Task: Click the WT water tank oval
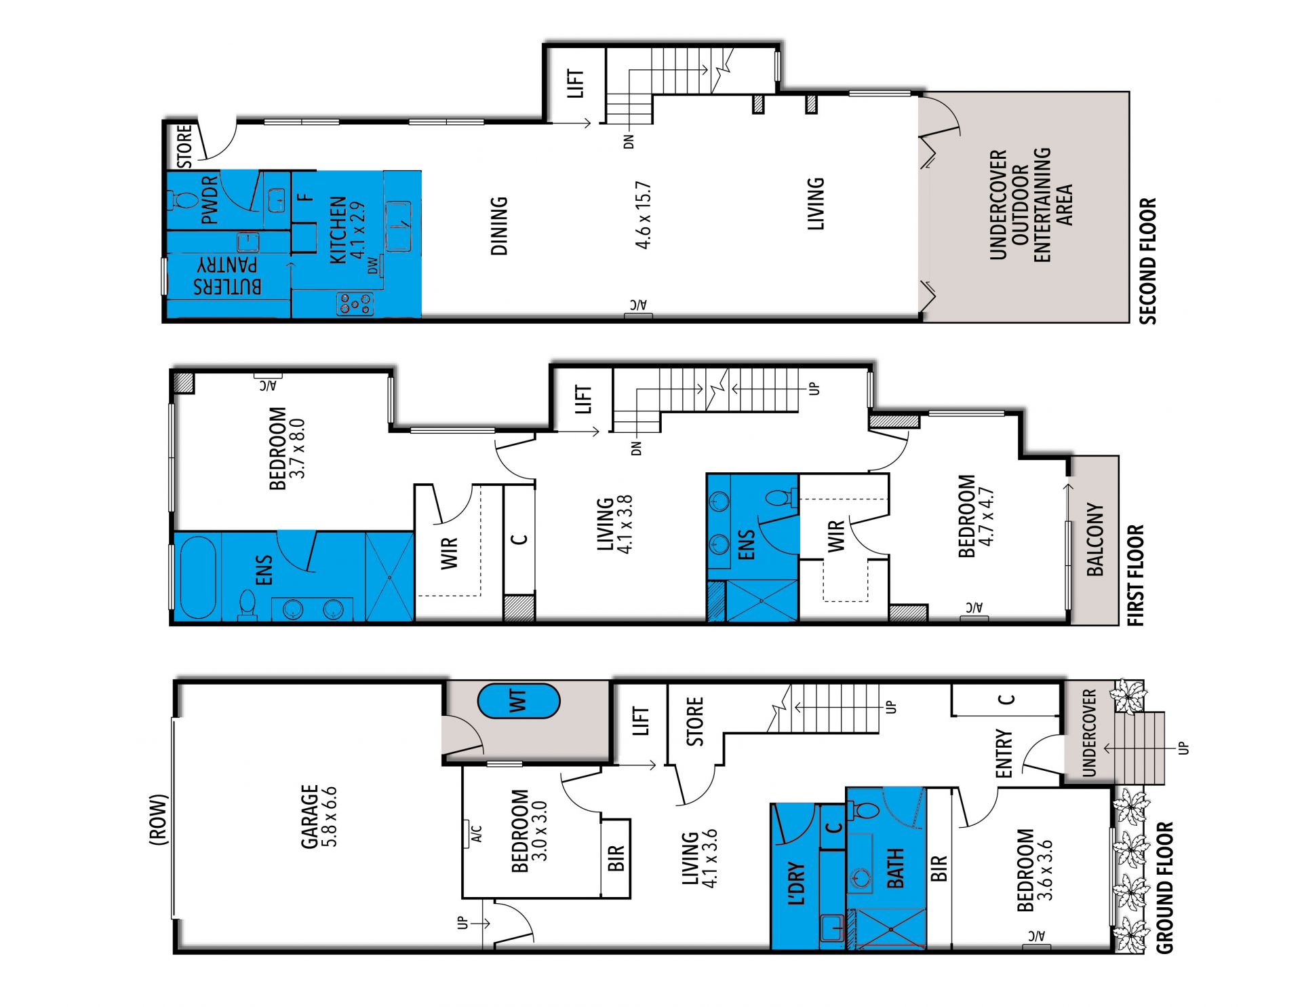point(519,701)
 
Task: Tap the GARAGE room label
point(309,816)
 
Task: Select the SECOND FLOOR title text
point(1147,261)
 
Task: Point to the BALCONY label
point(1094,539)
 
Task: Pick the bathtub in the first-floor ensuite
point(198,577)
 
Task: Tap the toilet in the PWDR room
point(181,200)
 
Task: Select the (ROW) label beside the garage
point(158,820)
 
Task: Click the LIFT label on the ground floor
point(641,721)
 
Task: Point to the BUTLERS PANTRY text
point(227,275)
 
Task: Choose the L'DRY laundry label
point(797,883)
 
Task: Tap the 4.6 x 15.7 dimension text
point(643,215)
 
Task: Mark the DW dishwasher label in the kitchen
point(373,266)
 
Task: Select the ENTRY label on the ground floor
point(1004,753)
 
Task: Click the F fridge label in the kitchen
point(307,197)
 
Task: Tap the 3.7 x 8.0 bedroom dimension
point(297,449)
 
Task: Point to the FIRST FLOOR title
point(1135,575)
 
